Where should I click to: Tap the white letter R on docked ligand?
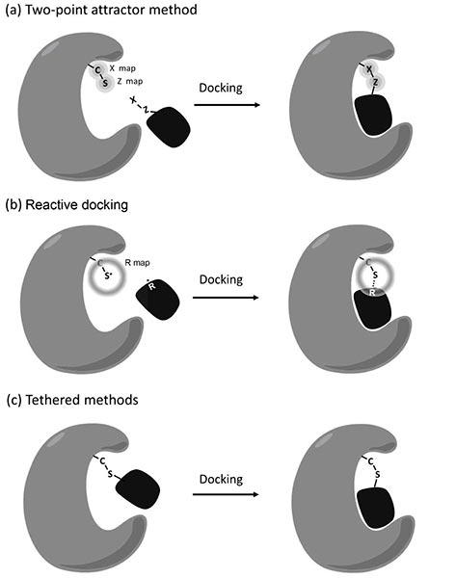point(371,293)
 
